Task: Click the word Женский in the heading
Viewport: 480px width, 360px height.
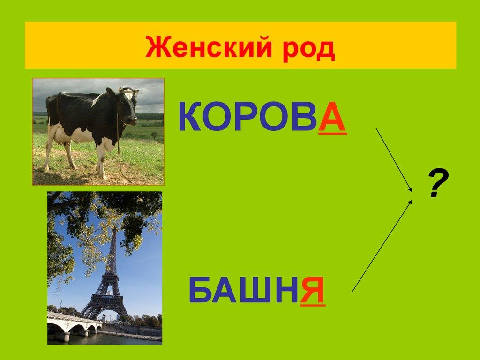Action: click(x=209, y=47)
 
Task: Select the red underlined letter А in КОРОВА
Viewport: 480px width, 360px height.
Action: click(x=333, y=118)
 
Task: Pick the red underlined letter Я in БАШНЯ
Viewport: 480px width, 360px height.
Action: click(x=313, y=291)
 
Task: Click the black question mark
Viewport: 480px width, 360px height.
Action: click(x=438, y=183)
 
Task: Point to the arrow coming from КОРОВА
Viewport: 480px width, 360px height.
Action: click(x=394, y=160)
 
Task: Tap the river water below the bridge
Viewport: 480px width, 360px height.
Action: click(x=104, y=339)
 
